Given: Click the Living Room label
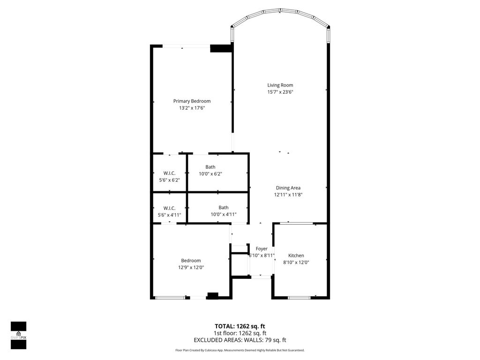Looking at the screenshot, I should [280, 85].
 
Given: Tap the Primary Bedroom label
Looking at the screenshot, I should [192, 101].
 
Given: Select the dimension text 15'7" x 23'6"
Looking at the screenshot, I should [280, 92].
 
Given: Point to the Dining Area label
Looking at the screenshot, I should [288, 188].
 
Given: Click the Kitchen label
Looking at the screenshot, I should [296, 255].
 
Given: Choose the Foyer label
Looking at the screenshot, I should [261, 248].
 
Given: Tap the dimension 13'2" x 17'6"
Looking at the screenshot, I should [192, 108].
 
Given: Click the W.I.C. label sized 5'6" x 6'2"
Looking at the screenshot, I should [169, 173].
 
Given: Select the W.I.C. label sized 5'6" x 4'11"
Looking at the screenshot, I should [169, 208].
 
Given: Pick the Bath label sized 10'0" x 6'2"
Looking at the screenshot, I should [210, 167].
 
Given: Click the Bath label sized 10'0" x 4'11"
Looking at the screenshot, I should [223, 208].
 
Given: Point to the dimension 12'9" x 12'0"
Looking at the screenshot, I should [191, 268].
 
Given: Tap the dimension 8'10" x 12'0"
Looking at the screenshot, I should [296, 262].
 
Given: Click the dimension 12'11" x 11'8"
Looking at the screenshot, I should [288, 195].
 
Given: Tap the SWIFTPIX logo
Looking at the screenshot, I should [18, 335].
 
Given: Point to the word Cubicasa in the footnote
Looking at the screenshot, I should [216, 350].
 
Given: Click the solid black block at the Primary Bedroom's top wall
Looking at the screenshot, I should [221, 48].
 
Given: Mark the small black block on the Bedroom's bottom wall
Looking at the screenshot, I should [213, 295].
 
